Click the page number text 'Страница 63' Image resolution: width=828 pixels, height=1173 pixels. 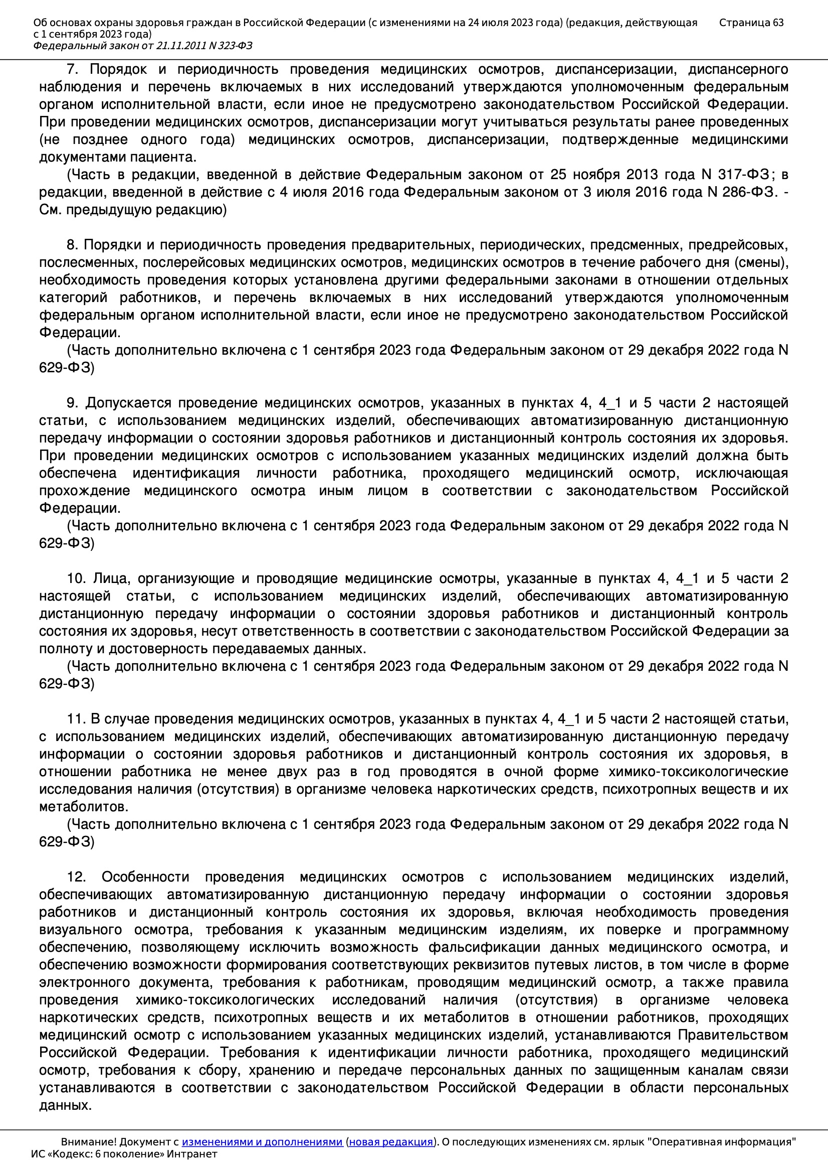(x=751, y=23)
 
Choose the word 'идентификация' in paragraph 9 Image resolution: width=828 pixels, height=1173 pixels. (x=186, y=473)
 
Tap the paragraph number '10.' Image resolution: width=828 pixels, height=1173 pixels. (x=77, y=579)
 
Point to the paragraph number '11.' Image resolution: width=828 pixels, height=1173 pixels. (x=76, y=719)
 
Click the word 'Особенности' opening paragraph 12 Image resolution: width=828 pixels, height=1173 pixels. (x=145, y=877)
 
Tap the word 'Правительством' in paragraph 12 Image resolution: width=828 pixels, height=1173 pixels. (x=733, y=1036)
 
